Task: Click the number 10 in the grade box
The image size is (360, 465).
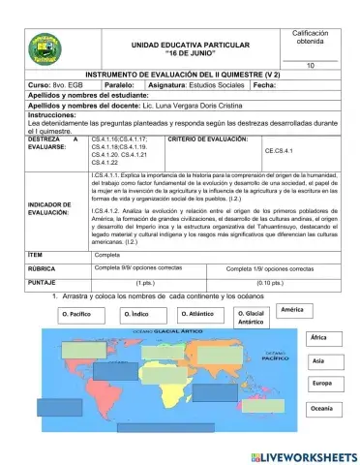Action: (310, 65)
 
